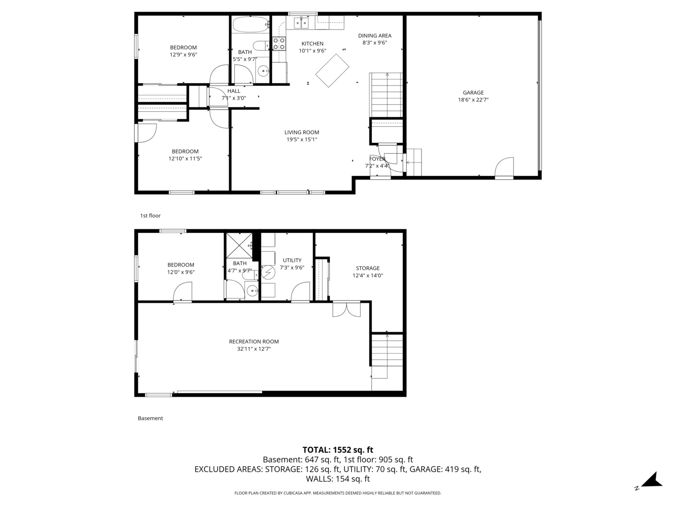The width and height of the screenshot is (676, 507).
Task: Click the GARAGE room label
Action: coord(473,92)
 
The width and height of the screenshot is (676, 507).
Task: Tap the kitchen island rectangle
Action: coord(332,71)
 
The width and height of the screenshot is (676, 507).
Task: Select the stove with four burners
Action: coord(279,44)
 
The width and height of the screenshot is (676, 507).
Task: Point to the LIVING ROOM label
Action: coord(301,132)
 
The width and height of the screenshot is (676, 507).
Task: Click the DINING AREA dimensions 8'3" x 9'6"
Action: coord(374,43)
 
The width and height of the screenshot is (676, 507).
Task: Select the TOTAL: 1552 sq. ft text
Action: coord(338,450)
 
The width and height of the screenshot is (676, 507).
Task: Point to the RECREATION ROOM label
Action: coord(253,342)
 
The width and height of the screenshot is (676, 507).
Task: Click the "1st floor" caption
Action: coord(150,216)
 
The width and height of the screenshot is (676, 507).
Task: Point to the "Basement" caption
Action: coord(150,418)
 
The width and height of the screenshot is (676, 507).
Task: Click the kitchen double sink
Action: coord(301,22)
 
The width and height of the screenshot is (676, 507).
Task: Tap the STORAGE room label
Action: coord(368,269)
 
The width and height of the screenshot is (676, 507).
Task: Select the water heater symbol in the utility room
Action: coord(268,272)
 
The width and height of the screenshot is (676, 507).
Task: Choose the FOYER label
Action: coord(377,159)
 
